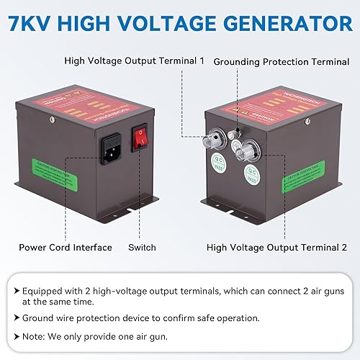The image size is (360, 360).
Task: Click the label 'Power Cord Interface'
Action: pos(66,247)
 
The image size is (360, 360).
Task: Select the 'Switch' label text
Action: pos(143,247)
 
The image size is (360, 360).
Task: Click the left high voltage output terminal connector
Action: pos(216,139)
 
